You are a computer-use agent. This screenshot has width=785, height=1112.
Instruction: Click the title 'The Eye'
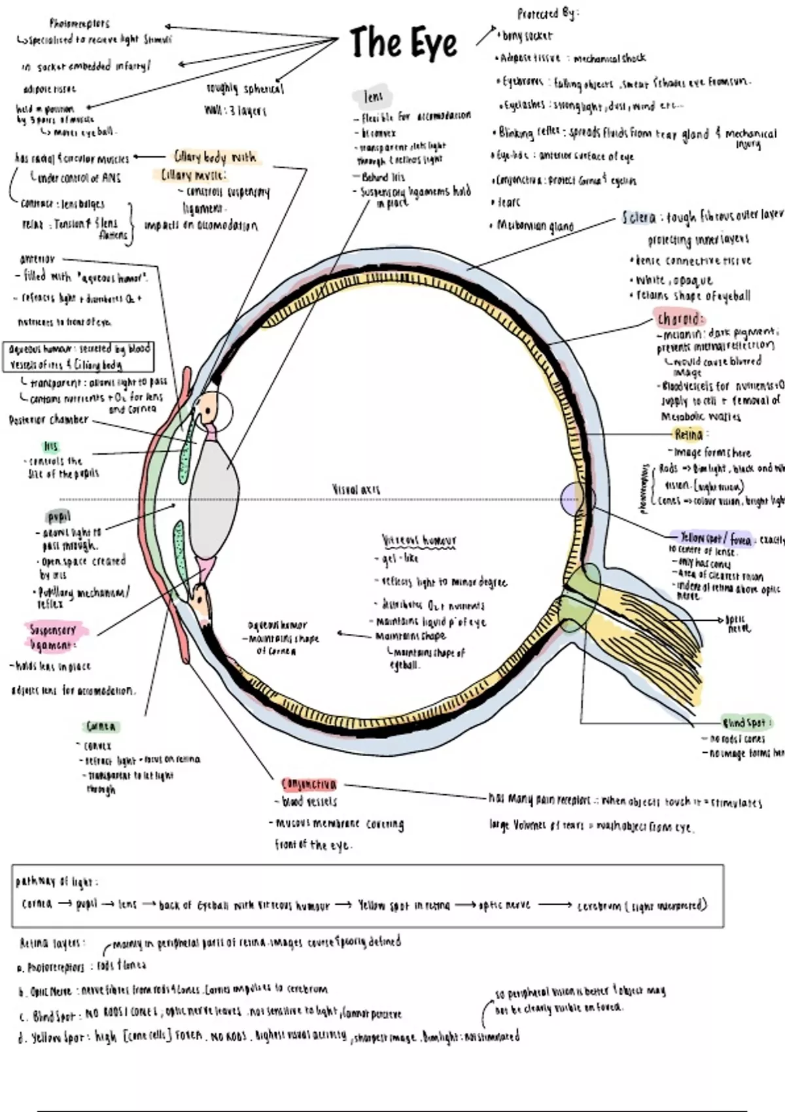pos(403,43)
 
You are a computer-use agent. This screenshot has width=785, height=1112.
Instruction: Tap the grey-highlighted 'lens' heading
pos(374,97)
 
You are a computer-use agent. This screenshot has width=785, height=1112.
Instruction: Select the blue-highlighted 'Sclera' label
pos(639,218)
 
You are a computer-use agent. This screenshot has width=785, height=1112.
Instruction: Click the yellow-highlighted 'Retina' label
pos(689,434)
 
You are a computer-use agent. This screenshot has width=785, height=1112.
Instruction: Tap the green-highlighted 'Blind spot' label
pos(744,723)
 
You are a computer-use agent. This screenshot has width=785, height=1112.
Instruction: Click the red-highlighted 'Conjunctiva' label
pos(309,784)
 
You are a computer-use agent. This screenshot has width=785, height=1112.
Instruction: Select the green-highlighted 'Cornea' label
pos(101,727)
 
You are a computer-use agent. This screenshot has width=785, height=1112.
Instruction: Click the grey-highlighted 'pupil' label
pos(59,517)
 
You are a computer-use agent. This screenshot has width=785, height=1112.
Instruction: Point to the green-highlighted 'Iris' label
pos(50,447)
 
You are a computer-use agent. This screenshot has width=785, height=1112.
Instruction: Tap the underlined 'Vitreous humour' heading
pos(419,541)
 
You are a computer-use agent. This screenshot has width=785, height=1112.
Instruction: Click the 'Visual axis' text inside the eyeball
pos(356,489)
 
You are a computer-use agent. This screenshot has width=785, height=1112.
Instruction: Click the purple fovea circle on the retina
pos(572,498)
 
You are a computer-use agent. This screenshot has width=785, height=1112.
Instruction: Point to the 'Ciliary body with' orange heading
pos(215,157)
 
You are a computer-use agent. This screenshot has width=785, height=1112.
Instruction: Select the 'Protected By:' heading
pos(547,14)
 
